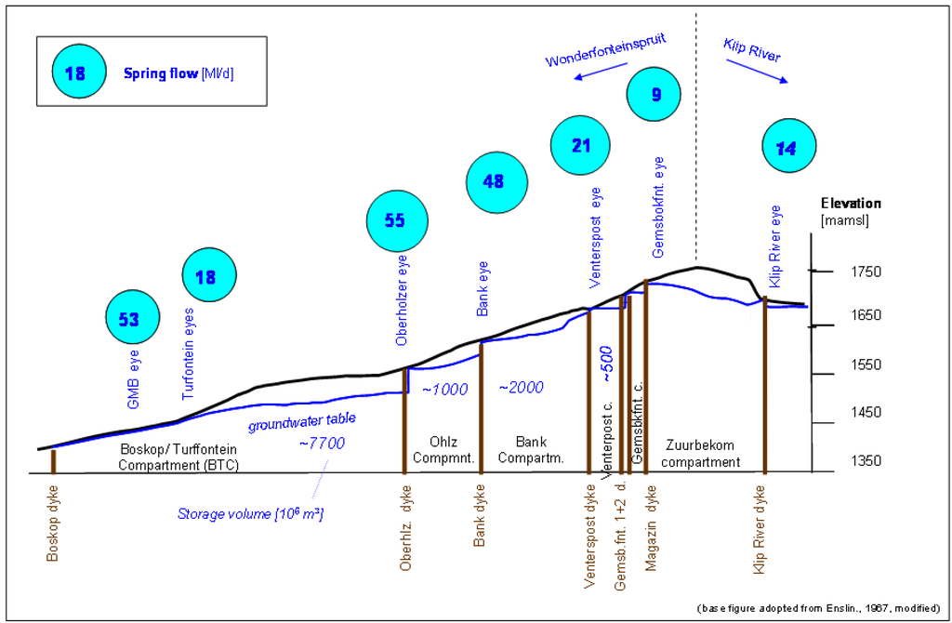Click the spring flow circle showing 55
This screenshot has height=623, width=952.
tap(398, 221)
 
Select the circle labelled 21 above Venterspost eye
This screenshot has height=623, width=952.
tap(581, 147)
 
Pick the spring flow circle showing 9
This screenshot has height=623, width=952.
tap(656, 93)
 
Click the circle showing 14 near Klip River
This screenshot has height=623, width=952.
tap(787, 148)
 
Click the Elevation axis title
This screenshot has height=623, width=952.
tap(851, 204)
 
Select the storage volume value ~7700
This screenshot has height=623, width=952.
tap(322, 443)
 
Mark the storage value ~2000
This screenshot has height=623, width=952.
tap(521, 388)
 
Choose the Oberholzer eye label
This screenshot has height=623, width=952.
tap(403, 301)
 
